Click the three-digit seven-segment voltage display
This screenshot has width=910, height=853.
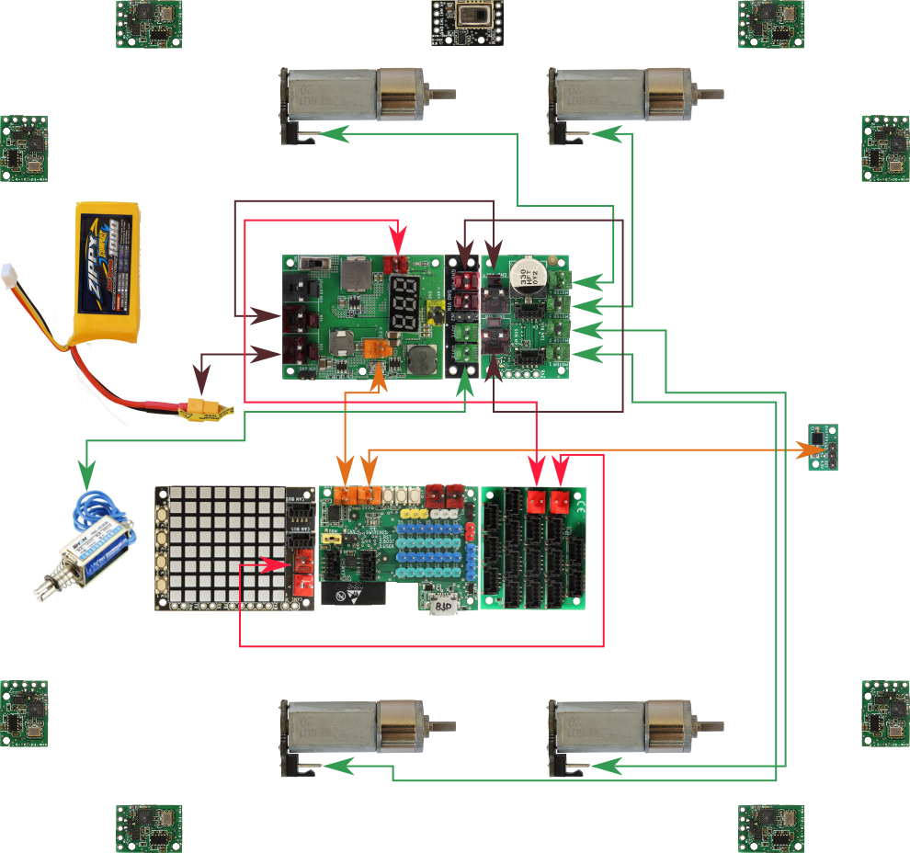tap(404, 303)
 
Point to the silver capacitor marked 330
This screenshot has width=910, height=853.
tap(529, 273)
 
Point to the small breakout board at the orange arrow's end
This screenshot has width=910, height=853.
tap(822, 448)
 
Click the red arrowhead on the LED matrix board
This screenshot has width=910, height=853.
tap(275, 565)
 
